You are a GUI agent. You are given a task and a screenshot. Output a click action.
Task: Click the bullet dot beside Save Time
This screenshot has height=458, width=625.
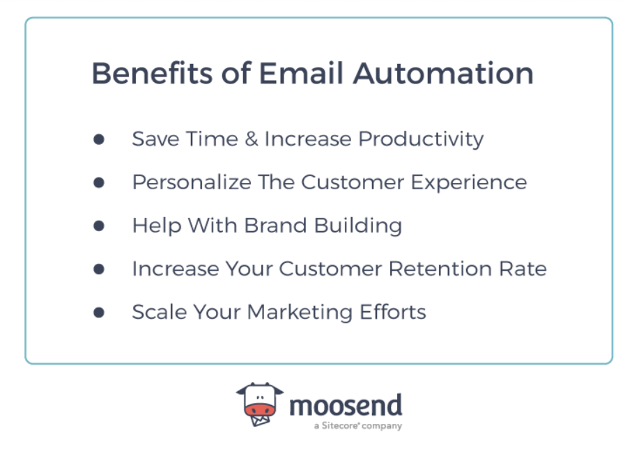[x=99, y=139]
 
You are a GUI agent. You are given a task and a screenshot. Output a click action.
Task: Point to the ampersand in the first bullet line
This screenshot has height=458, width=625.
[x=249, y=139]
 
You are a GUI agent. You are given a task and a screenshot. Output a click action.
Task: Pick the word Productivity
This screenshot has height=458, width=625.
[x=421, y=139]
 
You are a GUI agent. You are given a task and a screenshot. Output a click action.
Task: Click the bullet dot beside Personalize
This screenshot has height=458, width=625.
[x=99, y=182]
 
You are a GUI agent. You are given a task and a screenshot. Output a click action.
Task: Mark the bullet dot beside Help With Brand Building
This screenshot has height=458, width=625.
[x=99, y=226]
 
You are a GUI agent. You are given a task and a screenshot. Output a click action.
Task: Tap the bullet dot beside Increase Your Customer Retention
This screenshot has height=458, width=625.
[x=99, y=269]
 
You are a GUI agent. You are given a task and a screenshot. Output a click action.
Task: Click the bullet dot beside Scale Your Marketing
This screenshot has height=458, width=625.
[x=99, y=312]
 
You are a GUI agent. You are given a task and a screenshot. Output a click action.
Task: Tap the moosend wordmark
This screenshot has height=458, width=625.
[x=346, y=404]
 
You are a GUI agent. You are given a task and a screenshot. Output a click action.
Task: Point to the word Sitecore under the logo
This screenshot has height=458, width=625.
[x=339, y=425]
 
